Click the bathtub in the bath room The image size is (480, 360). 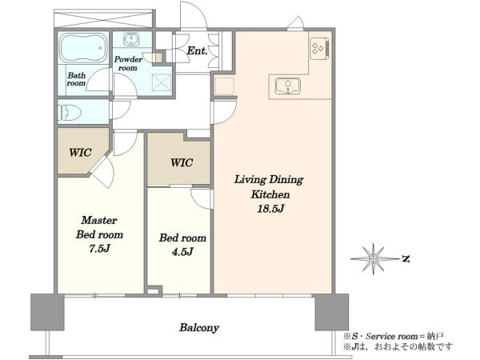tap(83, 47)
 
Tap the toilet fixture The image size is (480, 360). tap(70, 113)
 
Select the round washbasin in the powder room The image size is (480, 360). tap(132, 39)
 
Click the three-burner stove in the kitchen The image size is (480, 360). tap(320, 48)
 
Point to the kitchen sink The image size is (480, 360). tap(288, 86)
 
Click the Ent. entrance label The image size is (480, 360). tap(197, 50)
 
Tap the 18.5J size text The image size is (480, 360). tap(271, 209)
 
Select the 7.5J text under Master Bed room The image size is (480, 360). tap(99, 249)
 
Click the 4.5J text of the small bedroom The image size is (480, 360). tap(182, 252)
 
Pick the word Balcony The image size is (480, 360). tap(199, 328)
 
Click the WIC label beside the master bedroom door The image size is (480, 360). tap(80, 153)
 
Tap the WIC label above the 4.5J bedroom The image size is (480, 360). tap(182, 162)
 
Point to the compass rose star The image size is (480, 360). tap(374, 259)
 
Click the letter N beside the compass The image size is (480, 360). tap(406, 259)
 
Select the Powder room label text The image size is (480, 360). tap(128, 64)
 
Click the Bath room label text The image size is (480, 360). tap(76, 79)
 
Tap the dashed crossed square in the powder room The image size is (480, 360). tap(162, 82)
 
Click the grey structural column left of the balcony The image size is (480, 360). tap(47, 312)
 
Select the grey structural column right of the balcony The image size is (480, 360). tap(332, 312)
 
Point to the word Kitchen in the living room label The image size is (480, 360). tap(270, 194)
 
